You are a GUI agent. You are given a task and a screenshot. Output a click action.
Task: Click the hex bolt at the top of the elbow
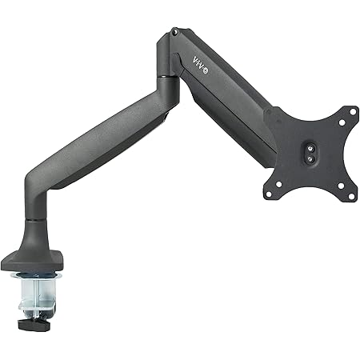coord(174,32)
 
